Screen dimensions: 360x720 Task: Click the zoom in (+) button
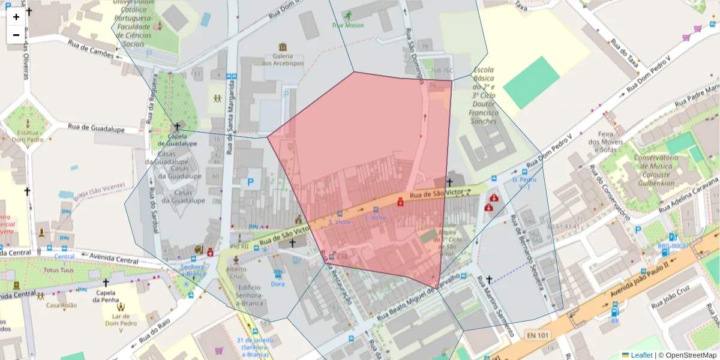tap(16, 17)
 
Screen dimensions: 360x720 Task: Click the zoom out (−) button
tap(16, 35)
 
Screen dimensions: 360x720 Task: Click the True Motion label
tap(347, 25)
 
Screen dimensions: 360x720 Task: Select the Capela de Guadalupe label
tap(177, 140)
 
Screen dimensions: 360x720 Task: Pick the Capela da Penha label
tap(106, 296)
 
